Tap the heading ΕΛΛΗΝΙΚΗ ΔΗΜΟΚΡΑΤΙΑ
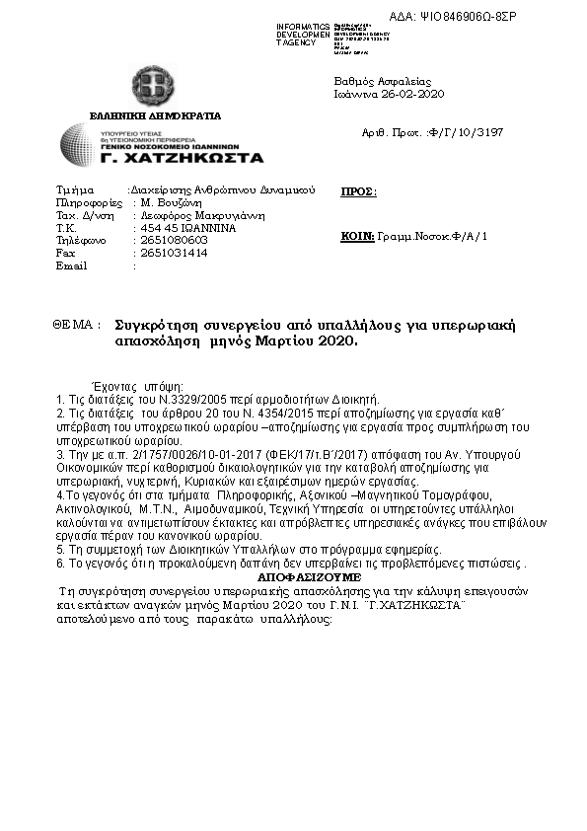(x=156, y=115)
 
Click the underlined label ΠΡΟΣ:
(x=358, y=192)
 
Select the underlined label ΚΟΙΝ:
(x=357, y=237)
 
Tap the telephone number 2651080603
(x=175, y=239)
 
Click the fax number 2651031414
(x=175, y=253)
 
